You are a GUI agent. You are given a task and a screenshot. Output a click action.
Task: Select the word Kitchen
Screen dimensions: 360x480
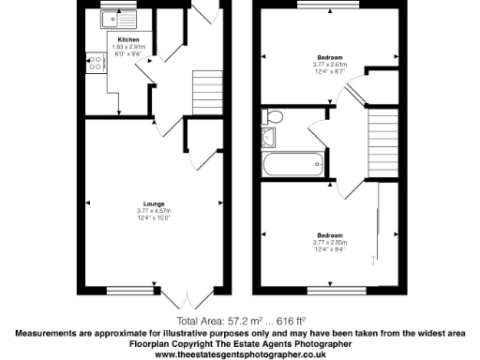(128, 38)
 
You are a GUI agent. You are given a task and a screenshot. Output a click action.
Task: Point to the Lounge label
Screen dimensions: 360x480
(155, 203)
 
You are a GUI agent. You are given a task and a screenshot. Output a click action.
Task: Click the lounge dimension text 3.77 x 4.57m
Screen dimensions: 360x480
(155, 212)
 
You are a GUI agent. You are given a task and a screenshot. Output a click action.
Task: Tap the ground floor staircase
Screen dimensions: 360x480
(206, 90)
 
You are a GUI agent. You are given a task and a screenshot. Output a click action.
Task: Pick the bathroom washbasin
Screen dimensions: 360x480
(270, 137)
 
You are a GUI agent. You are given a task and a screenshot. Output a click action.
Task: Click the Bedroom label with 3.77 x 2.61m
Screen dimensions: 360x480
(329, 58)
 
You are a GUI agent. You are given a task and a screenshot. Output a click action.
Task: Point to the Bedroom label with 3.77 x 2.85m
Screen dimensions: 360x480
(329, 234)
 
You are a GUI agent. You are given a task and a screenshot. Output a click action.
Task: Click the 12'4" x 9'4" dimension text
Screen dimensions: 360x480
(329, 249)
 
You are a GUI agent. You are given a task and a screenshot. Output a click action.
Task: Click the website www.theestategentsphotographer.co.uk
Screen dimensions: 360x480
(240, 354)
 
